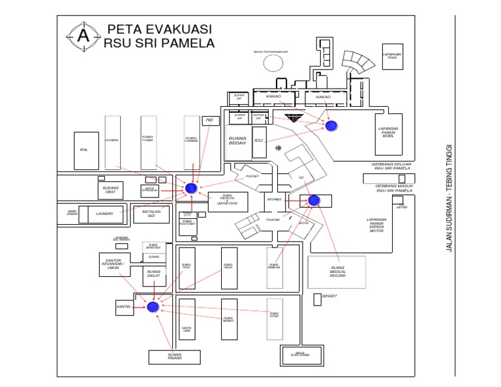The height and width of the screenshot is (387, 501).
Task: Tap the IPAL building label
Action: [83, 150]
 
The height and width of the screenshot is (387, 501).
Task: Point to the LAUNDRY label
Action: [104, 213]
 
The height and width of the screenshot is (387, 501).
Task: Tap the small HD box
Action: [209, 120]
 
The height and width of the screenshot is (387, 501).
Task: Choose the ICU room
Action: [258, 140]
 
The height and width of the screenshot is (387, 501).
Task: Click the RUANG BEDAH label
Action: [236, 145]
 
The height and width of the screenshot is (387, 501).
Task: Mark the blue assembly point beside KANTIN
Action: [153, 307]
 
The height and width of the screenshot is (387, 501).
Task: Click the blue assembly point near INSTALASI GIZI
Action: [190, 188]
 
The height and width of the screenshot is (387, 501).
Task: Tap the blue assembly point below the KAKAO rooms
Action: [331, 125]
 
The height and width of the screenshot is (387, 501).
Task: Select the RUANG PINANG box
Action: [174, 356]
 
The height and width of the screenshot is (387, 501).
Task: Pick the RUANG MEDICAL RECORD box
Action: [337, 272]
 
